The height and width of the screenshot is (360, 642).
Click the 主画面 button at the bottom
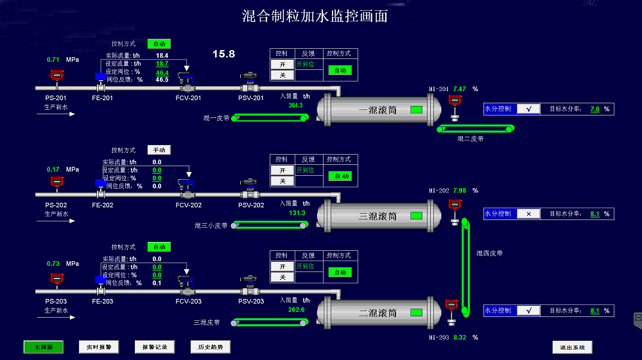[x=44, y=347]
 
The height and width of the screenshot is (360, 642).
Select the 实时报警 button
[x=99, y=347]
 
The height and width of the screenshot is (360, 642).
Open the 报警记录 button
[x=154, y=347]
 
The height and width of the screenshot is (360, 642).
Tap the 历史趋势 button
[x=210, y=347]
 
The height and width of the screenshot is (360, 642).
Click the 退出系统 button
[x=572, y=347]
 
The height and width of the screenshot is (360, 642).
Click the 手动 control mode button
[x=159, y=150]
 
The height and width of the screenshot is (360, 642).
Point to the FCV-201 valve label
[x=188, y=98]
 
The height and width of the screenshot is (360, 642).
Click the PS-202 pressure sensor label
[x=56, y=205]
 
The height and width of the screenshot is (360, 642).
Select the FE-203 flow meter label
[x=102, y=302]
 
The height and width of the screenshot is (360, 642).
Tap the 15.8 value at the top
[x=223, y=54]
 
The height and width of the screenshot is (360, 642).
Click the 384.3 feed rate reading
[x=295, y=105]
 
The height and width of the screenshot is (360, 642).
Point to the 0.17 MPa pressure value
[x=53, y=169]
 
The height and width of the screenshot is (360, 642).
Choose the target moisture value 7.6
[x=594, y=109]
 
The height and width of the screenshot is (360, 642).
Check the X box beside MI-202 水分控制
[x=528, y=214]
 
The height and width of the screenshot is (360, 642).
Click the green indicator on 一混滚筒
[x=416, y=110]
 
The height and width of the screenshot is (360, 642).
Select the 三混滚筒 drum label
[x=377, y=216]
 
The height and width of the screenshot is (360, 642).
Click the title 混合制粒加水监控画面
[x=315, y=16]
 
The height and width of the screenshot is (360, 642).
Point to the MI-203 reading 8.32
[x=460, y=338]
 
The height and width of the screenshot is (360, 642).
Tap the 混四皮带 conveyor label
[x=489, y=253]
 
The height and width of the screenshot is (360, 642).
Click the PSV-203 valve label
[x=251, y=302]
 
